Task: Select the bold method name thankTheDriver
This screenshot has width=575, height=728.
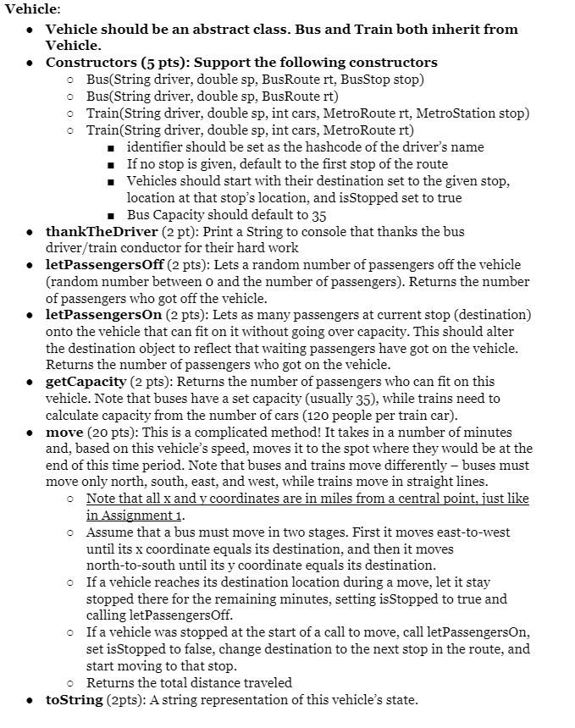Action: [102, 232]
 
